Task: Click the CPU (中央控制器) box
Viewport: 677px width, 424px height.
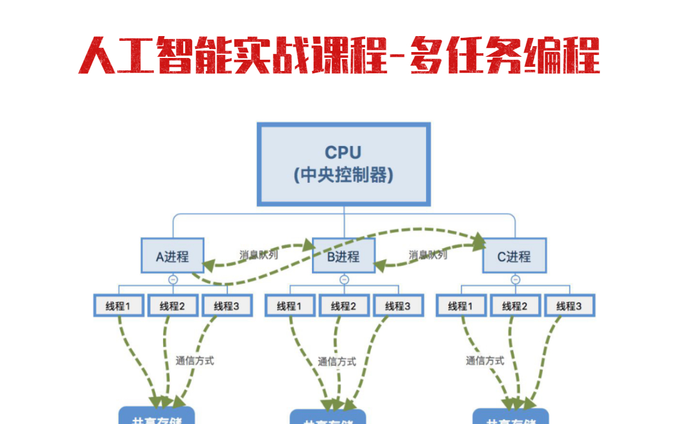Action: point(343,164)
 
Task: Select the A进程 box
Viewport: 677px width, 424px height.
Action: point(172,256)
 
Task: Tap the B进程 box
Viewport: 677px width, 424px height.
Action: point(343,256)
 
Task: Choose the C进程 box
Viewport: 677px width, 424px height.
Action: point(514,256)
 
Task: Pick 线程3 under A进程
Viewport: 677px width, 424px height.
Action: point(227,306)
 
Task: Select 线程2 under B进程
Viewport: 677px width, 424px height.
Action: point(344,306)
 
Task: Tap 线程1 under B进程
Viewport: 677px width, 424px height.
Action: point(289,306)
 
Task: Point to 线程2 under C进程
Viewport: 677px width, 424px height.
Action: point(515,306)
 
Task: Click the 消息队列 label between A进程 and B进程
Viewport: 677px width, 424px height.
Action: point(259,255)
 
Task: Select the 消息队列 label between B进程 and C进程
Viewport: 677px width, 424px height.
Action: point(428,255)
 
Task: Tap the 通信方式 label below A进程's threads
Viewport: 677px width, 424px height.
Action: point(195,360)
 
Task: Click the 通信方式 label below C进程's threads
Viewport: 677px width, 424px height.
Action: point(485,360)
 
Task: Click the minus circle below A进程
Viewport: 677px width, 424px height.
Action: point(172,280)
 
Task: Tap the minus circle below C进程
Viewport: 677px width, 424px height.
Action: point(515,280)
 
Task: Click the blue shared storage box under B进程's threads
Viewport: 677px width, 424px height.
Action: point(328,417)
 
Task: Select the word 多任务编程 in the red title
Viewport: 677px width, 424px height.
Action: point(506,56)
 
